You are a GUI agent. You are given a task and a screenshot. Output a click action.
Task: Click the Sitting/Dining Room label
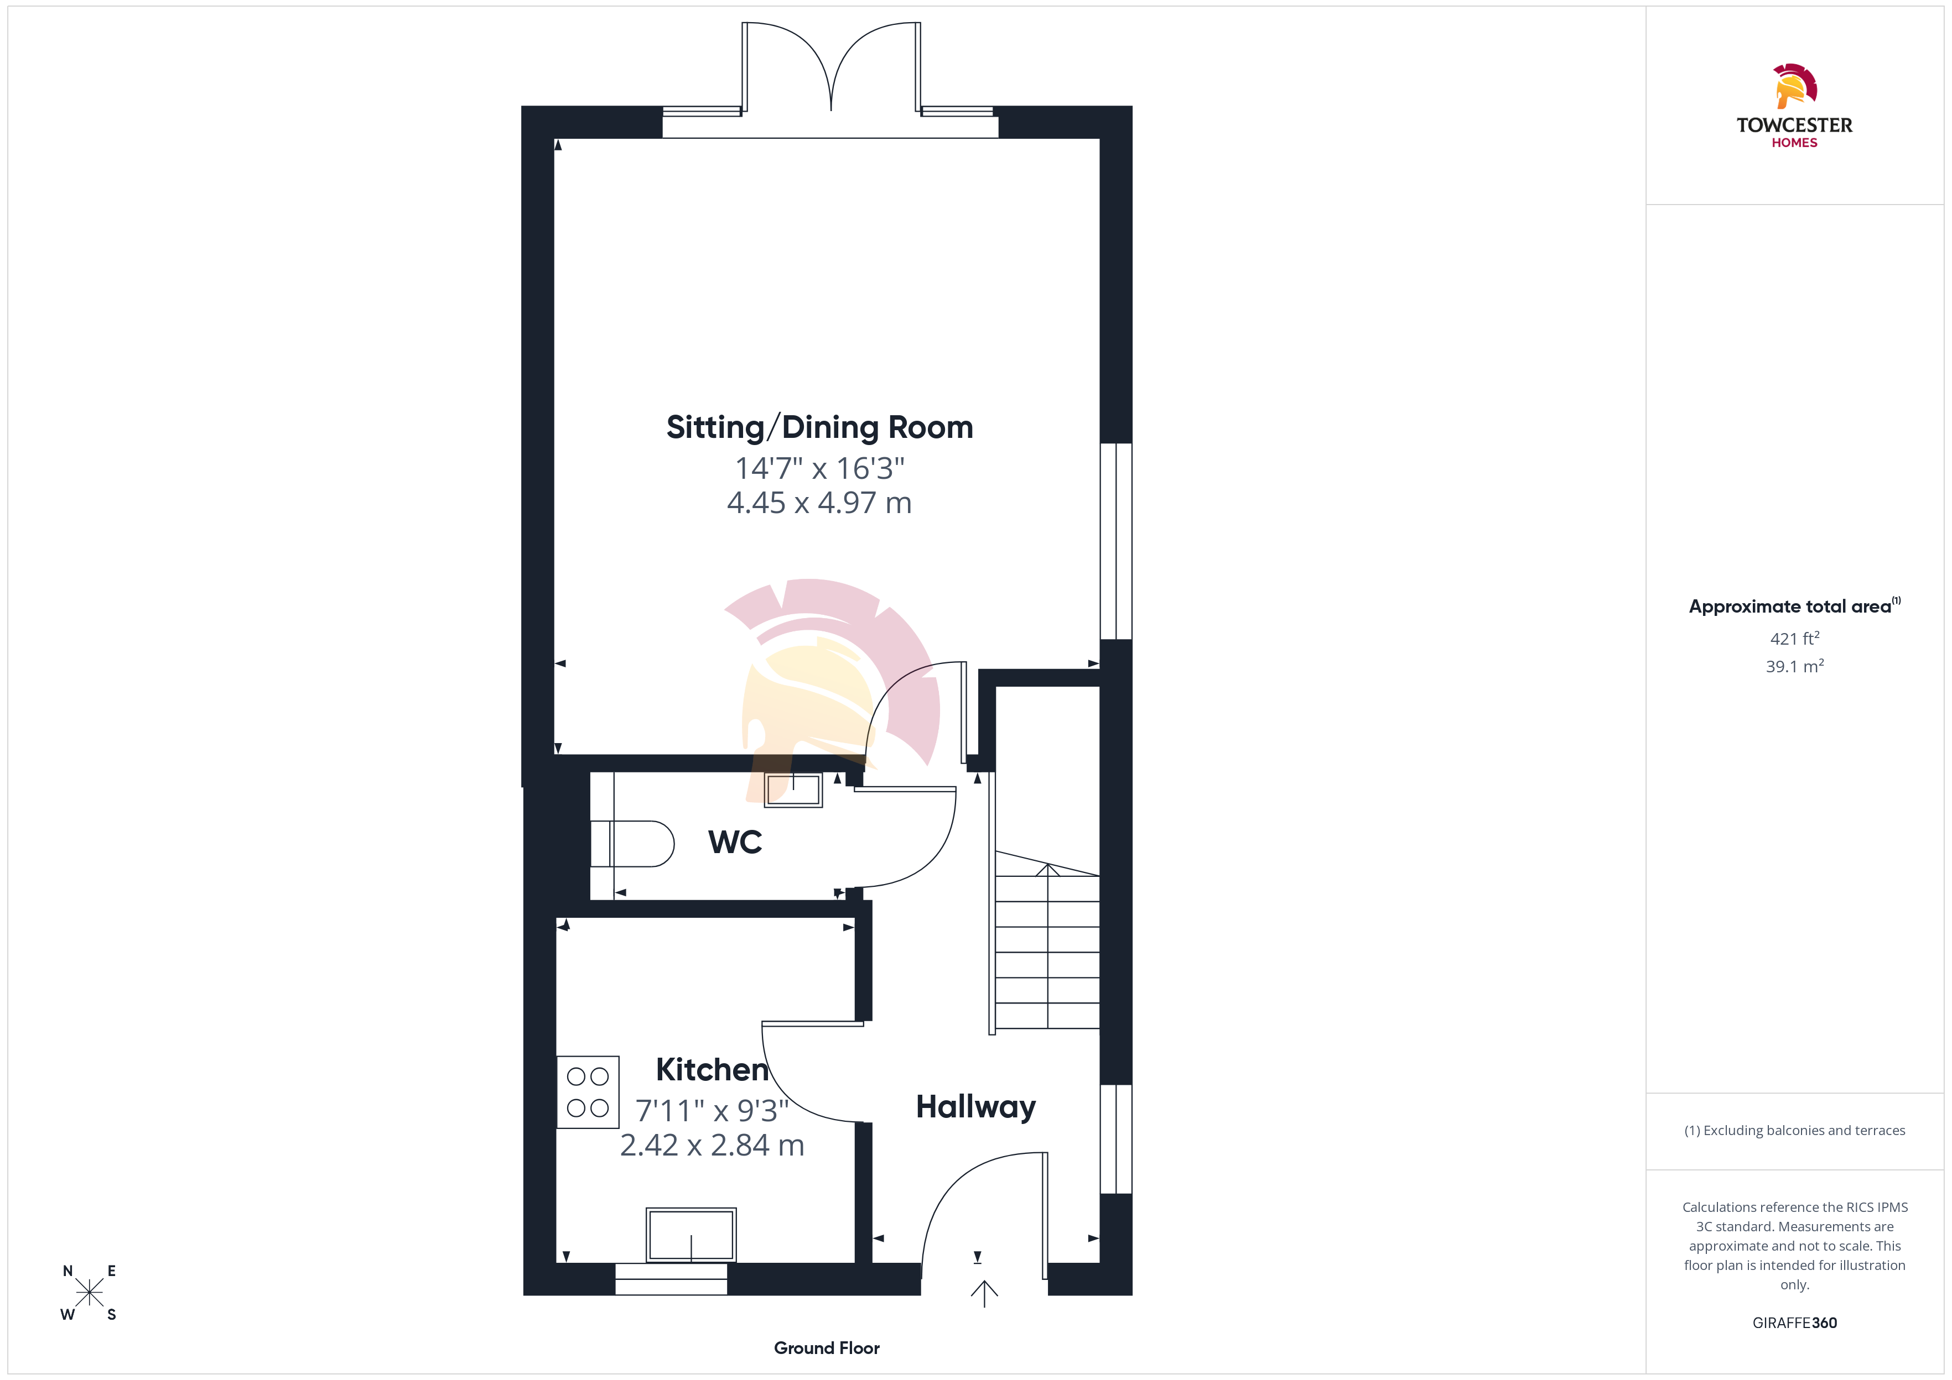tap(819, 427)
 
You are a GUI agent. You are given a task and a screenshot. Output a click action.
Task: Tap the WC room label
tap(735, 842)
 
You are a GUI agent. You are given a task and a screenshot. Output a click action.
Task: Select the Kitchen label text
tap(713, 1070)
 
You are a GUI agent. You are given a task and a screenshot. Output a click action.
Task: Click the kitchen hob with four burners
tap(588, 1092)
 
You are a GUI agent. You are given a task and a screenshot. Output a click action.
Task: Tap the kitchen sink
tap(691, 1235)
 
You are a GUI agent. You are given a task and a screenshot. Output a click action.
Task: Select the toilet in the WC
tap(632, 844)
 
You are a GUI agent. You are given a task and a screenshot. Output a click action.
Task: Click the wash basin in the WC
tap(793, 790)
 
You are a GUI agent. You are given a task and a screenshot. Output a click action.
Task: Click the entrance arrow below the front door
tap(984, 1293)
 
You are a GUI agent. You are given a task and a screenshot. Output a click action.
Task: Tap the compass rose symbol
tap(89, 1293)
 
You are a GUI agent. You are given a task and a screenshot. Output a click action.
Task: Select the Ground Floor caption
tap(827, 1348)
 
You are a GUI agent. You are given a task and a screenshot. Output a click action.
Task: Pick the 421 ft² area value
tap(1795, 638)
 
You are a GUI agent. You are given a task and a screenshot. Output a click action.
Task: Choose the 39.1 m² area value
tap(1795, 666)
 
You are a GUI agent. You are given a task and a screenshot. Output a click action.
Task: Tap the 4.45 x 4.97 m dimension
tap(819, 503)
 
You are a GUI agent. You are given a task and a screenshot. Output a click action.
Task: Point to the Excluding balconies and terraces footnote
tap(1795, 1130)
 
